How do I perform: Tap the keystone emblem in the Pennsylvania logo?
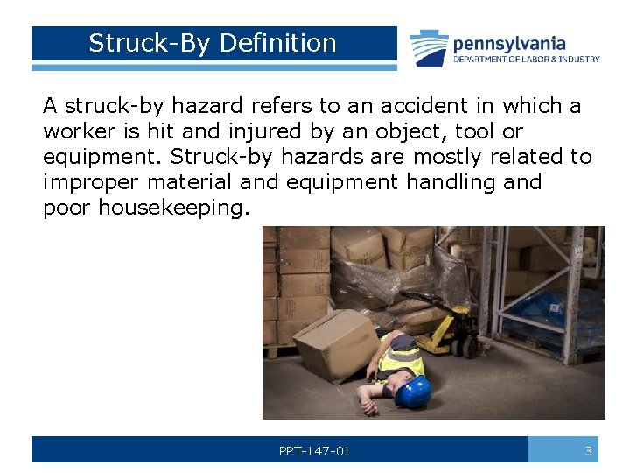(x=429, y=48)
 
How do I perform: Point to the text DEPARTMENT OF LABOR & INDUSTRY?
(x=526, y=60)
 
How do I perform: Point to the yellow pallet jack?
(x=446, y=328)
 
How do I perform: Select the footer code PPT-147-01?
(x=314, y=451)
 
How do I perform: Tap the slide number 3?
(x=588, y=451)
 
